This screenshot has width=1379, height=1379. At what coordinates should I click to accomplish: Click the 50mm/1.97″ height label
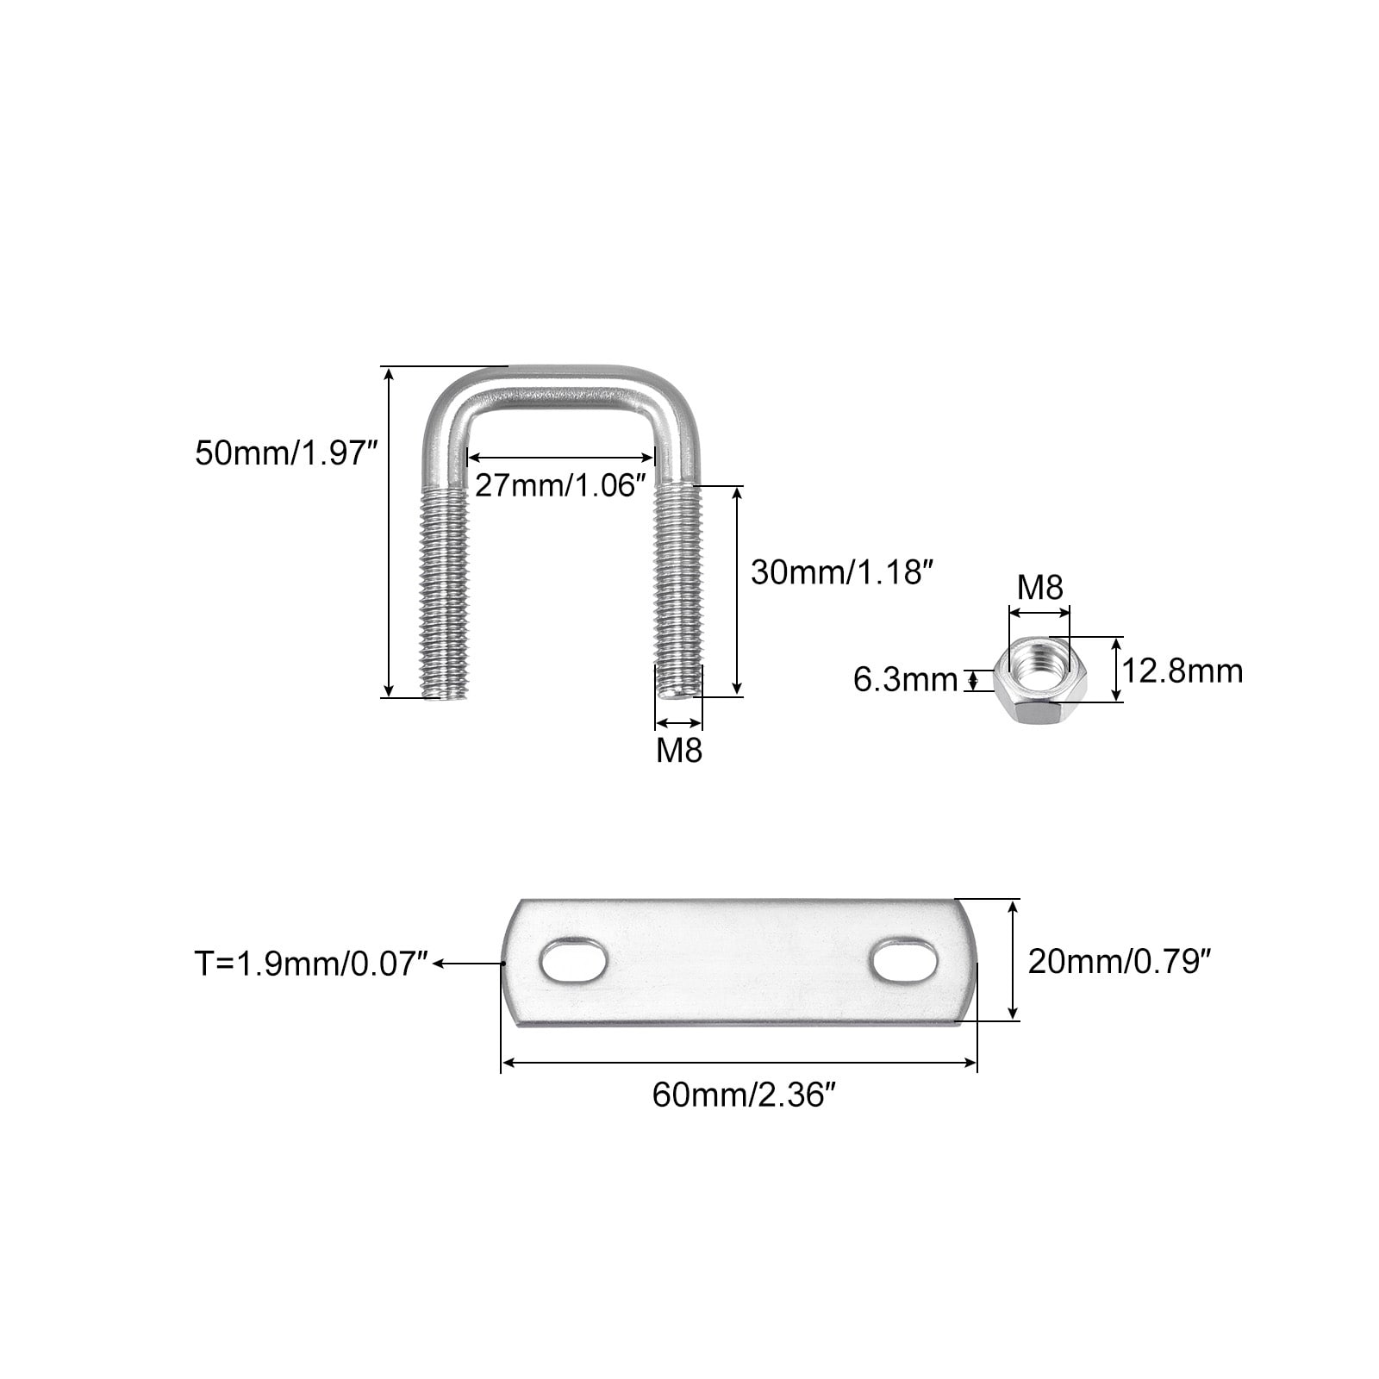(287, 452)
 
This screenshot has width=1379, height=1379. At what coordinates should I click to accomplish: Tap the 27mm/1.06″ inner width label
(560, 485)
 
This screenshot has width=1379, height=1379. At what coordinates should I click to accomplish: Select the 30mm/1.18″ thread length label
(842, 572)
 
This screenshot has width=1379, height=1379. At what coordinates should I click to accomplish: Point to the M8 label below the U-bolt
(679, 751)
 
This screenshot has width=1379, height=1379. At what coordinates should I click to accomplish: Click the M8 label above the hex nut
(1040, 588)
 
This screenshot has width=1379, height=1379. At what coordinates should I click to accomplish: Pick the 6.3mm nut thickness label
(905, 680)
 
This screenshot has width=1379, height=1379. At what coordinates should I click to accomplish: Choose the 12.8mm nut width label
(1182, 671)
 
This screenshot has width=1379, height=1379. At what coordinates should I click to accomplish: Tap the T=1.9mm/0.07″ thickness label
(311, 963)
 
